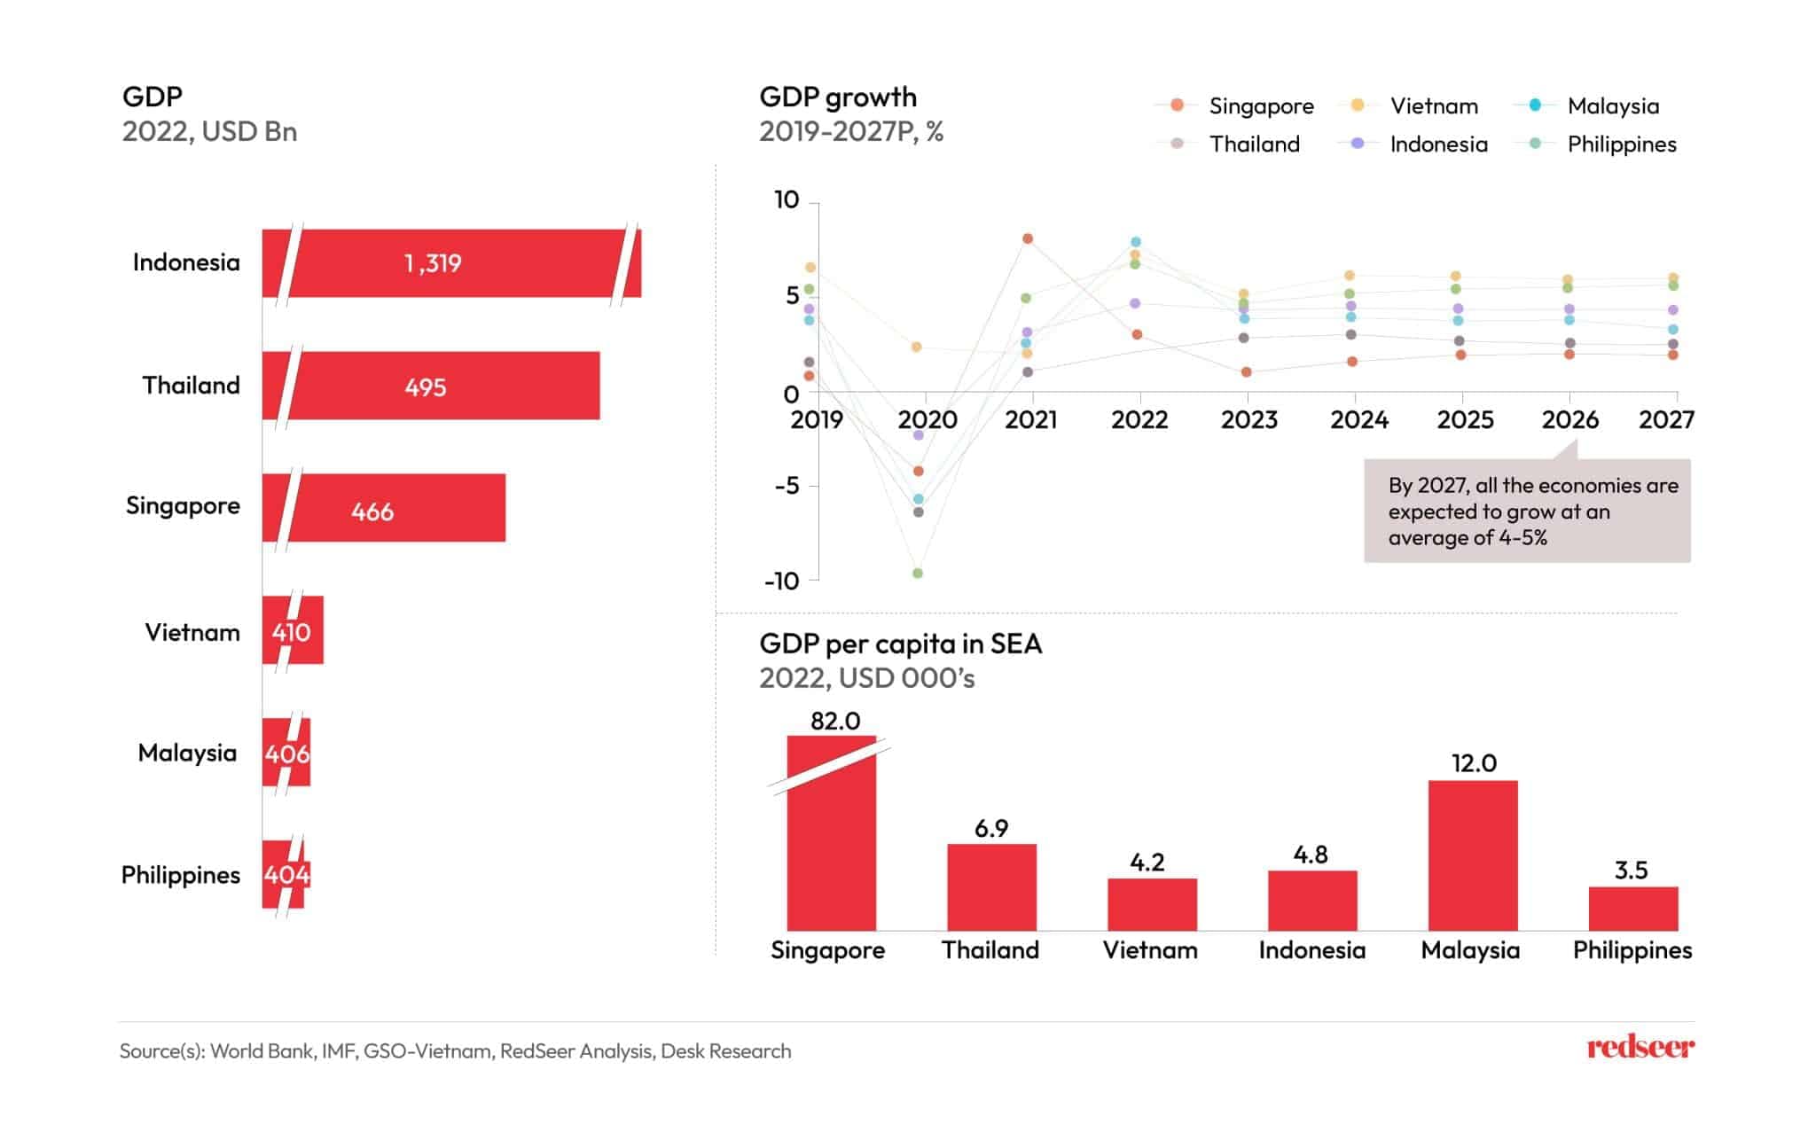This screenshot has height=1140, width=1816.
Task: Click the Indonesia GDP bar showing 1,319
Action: click(x=452, y=263)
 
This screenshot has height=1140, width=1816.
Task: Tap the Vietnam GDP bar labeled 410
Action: click(x=293, y=630)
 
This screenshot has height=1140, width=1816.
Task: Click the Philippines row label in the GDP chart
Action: click(x=181, y=875)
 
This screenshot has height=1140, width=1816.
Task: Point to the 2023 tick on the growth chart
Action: click(x=1248, y=419)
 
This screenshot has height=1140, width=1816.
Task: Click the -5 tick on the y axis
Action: click(x=787, y=486)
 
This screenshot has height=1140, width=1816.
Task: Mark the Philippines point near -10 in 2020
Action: click(x=918, y=574)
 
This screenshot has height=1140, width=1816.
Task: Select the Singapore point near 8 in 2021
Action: click(x=1028, y=238)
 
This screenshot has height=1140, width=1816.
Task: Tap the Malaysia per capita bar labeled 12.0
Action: click(x=1473, y=855)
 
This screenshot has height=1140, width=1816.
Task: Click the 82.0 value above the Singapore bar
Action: click(x=835, y=721)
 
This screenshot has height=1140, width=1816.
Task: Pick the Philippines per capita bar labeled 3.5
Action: click(x=1633, y=908)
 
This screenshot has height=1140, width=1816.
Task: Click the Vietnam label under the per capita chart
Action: click(x=1150, y=950)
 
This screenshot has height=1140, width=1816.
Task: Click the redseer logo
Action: click(x=1640, y=1047)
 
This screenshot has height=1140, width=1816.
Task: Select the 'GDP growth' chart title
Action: click(x=838, y=97)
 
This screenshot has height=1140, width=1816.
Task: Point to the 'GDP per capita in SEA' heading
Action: click(x=900, y=644)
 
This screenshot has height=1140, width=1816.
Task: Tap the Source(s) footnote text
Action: click(x=455, y=1051)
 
